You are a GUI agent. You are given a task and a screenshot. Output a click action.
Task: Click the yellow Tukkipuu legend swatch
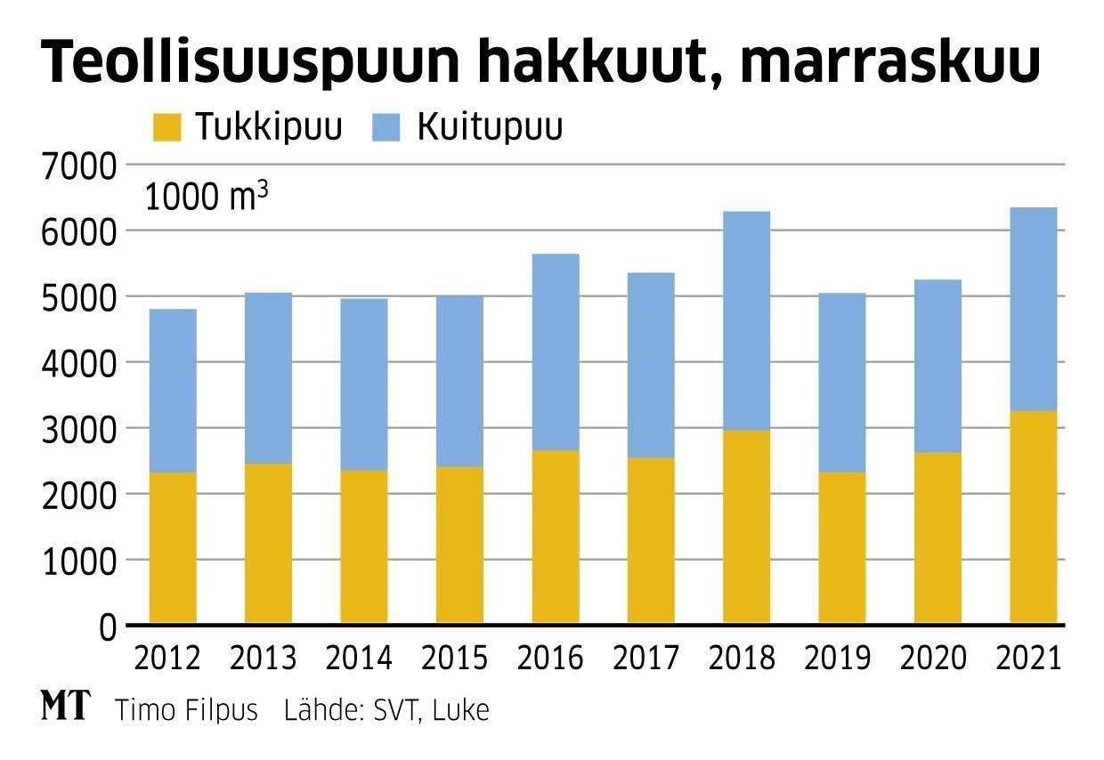166,127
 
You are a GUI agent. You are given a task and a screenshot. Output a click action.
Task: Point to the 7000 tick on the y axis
79,166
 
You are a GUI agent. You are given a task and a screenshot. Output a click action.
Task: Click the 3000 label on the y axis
79,429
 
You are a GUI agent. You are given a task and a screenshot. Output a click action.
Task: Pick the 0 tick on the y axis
107,627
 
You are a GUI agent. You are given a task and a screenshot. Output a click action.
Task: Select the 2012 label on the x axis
166,659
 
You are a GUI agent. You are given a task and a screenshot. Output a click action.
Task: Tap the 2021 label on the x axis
1033,659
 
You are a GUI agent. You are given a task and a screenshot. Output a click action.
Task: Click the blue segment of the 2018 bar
746,320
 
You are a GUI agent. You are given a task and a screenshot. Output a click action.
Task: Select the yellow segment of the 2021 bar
1033,516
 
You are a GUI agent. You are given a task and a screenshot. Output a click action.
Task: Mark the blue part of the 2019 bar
842,383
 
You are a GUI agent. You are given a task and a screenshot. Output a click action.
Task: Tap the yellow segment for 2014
364,546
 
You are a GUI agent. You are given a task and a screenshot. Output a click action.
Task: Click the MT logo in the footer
65,708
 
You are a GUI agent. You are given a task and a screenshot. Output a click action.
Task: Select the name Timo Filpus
186,711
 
